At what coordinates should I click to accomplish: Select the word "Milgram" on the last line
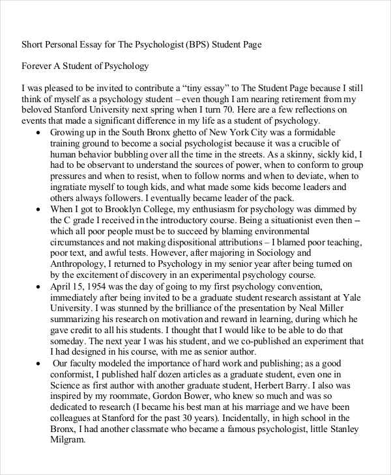(68, 441)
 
